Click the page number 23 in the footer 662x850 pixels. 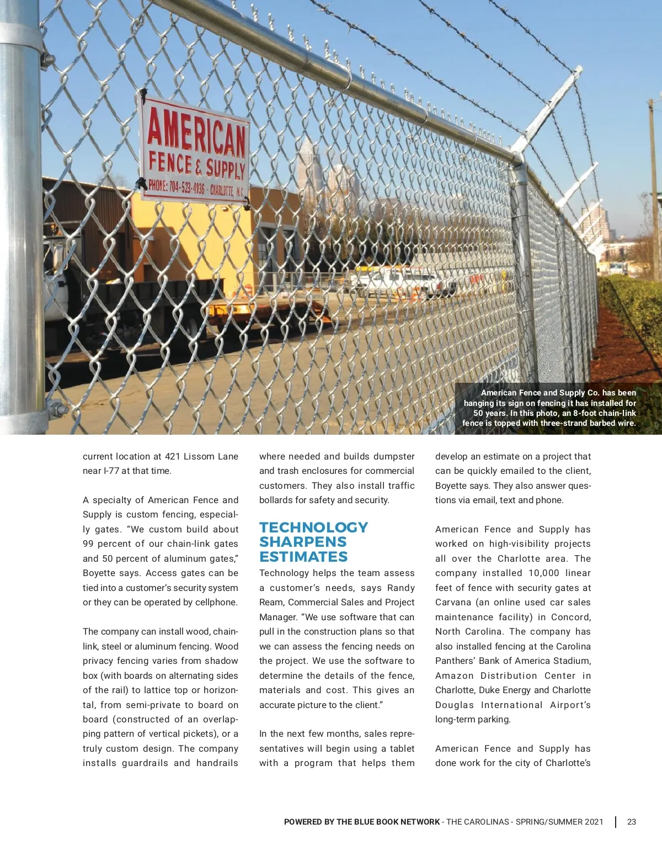pyautogui.click(x=632, y=822)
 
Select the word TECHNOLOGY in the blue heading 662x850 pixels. pyautogui.click(x=313, y=527)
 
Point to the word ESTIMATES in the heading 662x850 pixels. pyautogui.click(x=303, y=557)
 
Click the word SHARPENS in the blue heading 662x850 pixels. pyautogui.click(x=303, y=542)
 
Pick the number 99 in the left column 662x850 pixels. pyautogui.click(x=88, y=543)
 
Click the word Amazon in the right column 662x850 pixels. pyautogui.click(x=454, y=675)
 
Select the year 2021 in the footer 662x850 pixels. pyautogui.click(x=593, y=822)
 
